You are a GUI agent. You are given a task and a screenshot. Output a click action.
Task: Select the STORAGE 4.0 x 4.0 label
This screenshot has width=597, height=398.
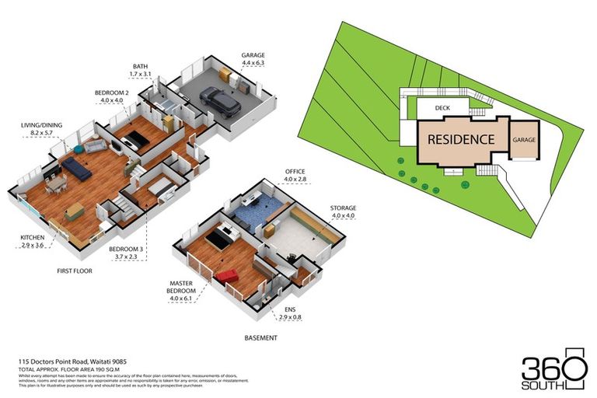342,212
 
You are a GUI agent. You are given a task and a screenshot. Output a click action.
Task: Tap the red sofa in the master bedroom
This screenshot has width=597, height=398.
227,276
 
